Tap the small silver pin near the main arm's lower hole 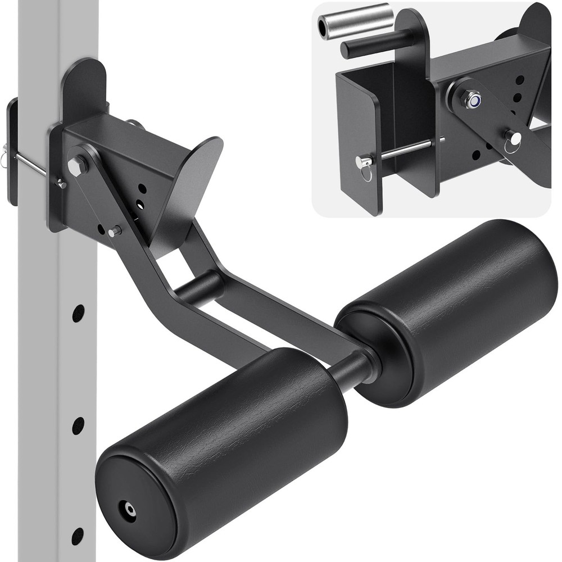point(115,231)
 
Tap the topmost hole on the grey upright point(78,313)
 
